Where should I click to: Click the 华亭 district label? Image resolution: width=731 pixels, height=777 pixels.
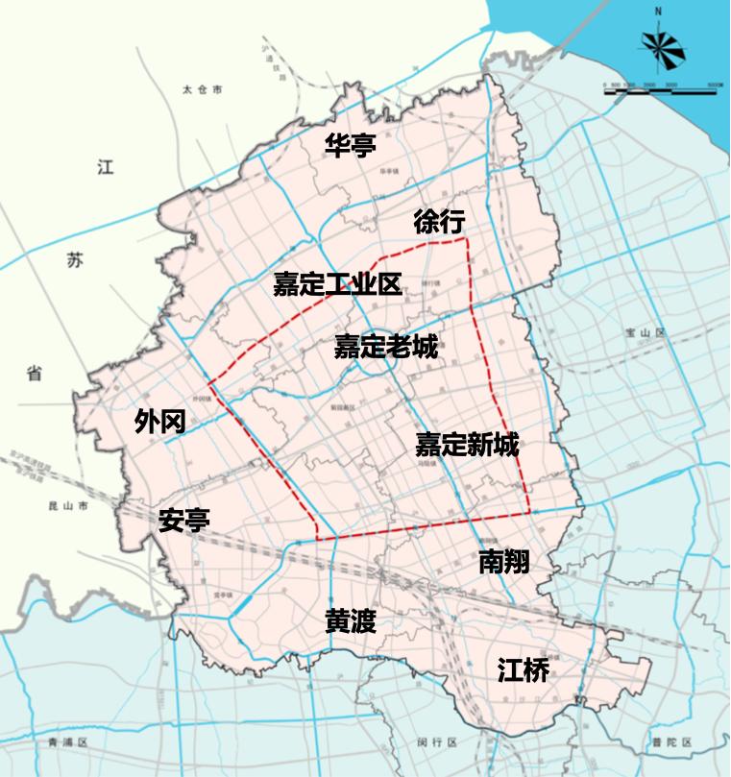[x=350, y=145]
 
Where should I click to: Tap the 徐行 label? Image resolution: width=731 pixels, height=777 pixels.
[x=439, y=222]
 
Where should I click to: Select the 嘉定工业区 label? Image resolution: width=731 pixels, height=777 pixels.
[x=336, y=283]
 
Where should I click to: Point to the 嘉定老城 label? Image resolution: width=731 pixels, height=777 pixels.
[x=385, y=346]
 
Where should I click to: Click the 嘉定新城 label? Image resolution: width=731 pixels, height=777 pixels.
[x=467, y=445]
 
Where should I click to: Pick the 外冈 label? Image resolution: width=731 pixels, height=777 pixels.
[x=159, y=421]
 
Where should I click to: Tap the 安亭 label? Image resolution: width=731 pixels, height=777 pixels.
[x=184, y=520]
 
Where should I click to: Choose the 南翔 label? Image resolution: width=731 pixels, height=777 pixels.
[x=503, y=562]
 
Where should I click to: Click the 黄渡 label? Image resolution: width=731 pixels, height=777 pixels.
[x=350, y=622]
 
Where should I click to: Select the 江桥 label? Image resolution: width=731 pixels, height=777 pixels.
[x=524, y=669]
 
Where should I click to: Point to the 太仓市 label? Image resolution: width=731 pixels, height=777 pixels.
[x=202, y=89]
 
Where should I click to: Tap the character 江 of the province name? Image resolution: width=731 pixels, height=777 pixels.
[x=105, y=167]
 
